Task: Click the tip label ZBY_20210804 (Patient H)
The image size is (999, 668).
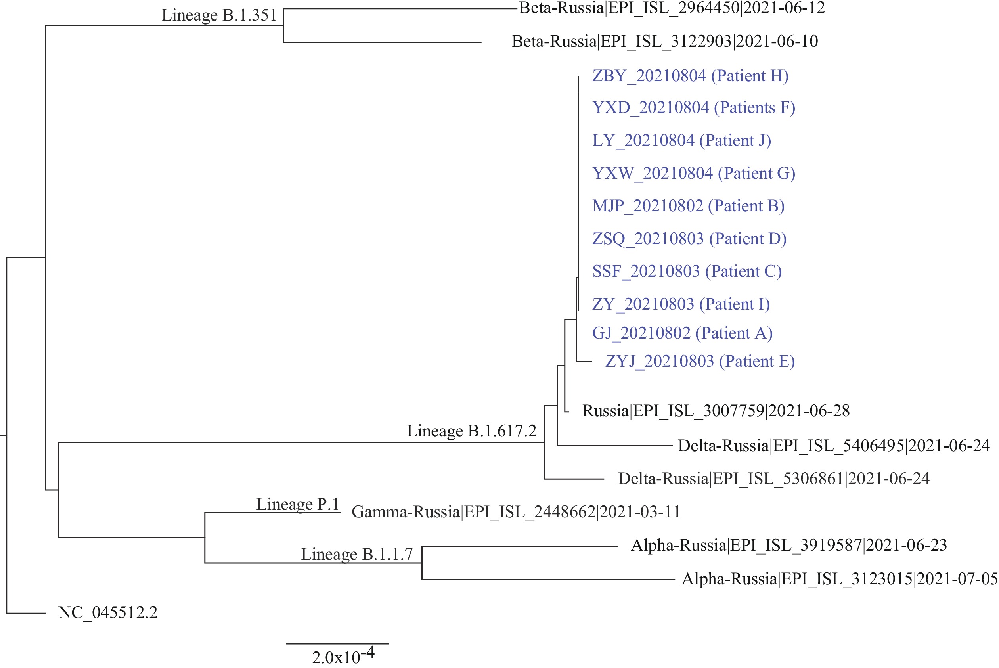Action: (690, 76)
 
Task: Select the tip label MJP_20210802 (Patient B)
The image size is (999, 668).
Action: (689, 206)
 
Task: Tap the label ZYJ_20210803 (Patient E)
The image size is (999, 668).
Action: (700, 362)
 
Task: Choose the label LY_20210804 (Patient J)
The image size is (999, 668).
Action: (681, 141)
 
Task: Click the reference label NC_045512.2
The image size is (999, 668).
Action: (108, 612)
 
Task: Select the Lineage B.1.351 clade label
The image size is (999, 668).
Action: (219, 15)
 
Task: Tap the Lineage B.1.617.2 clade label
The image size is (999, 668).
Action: (472, 431)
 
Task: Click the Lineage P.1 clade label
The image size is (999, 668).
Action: (298, 504)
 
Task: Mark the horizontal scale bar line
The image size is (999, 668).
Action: (337, 644)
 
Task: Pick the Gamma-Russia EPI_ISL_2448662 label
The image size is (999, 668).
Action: (516, 512)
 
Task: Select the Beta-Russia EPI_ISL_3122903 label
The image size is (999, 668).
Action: (665, 42)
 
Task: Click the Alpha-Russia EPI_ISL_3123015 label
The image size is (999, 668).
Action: (840, 579)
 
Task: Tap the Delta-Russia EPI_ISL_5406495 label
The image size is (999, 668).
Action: (834, 446)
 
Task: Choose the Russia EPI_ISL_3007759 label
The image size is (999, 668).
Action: (716, 411)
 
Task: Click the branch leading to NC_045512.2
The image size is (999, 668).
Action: (26, 613)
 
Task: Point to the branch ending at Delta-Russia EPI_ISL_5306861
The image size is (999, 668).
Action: (574, 479)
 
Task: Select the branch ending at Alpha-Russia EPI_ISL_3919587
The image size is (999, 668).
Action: (520, 546)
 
